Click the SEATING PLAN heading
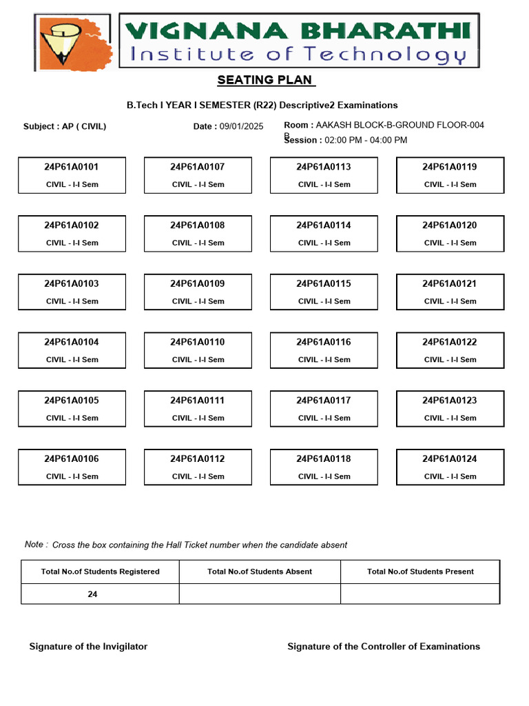(265, 80)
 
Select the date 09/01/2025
(241, 126)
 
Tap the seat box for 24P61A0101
(72, 175)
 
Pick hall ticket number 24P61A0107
(198, 175)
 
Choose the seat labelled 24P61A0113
(324, 175)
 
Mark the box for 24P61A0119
(450, 175)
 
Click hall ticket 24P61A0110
(198, 350)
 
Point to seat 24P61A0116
(324, 350)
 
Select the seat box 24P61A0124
(450, 467)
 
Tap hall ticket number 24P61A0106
(72, 467)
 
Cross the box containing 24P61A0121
(450, 292)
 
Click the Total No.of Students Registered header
(101, 572)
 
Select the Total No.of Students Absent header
(260, 572)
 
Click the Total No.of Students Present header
(420, 572)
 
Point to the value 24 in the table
(92, 594)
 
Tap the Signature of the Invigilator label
(88, 647)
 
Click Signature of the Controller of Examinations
(384, 647)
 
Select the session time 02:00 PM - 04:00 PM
(366, 140)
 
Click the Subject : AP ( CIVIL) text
(65, 126)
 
